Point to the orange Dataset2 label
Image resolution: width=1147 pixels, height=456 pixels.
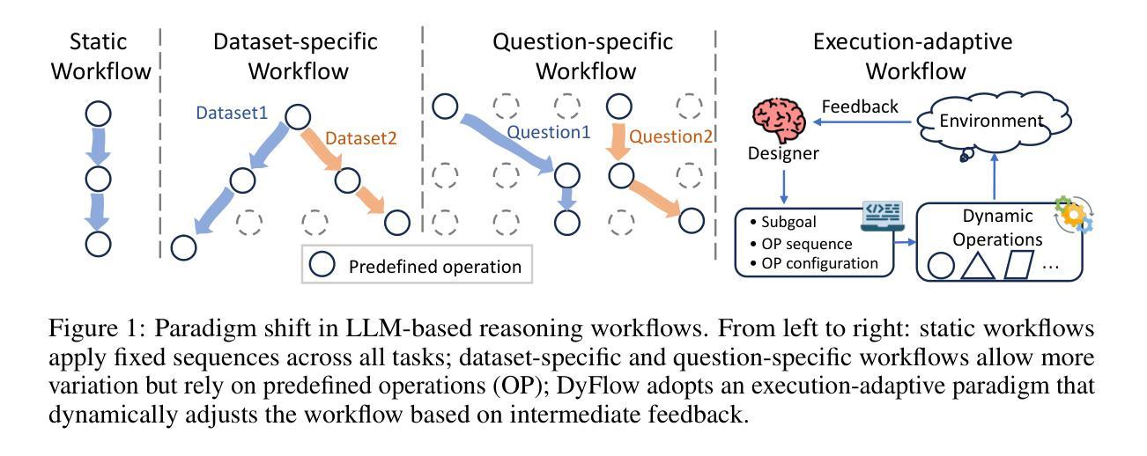(x=361, y=137)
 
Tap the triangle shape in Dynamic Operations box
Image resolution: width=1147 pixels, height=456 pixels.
(x=978, y=265)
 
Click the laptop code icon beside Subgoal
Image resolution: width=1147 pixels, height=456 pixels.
(x=883, y=214)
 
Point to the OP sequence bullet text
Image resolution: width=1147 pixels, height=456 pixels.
(x=806, y=243)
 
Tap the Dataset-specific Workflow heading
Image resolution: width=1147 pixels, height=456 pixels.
(x=295, y=55)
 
